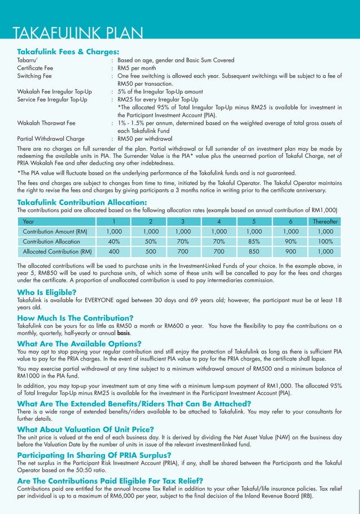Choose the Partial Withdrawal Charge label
[51, 138]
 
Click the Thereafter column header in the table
[325, 221]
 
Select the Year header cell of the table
[29, 221]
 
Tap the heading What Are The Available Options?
[79, 344]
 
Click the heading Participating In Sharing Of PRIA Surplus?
[94, 454]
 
